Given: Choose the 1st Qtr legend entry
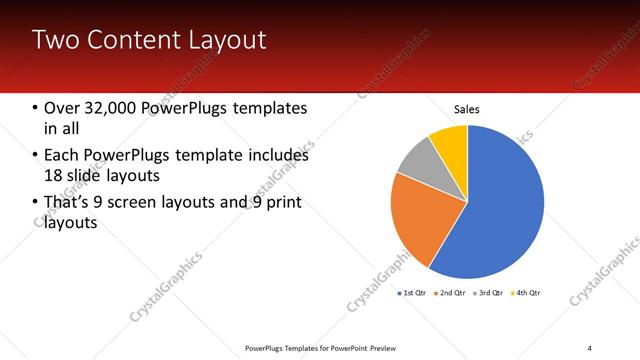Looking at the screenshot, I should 413,293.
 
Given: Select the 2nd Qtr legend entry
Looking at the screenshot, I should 454,293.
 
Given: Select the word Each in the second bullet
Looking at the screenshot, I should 62,156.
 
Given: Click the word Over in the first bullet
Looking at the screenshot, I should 64,108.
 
